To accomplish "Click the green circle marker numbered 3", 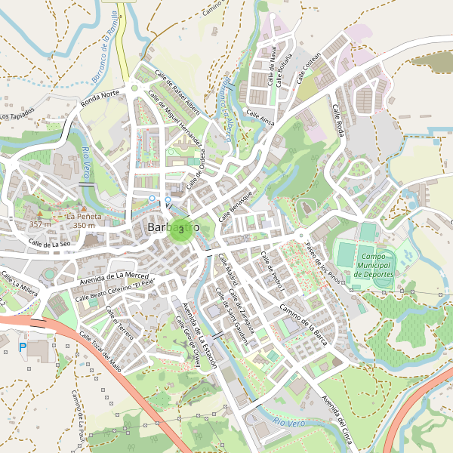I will pos(180,229).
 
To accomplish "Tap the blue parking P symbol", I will pos(22,347).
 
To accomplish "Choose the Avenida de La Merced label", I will pos(115,279).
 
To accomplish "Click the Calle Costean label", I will pos(309,66).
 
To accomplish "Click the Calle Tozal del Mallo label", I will pos(100,353).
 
